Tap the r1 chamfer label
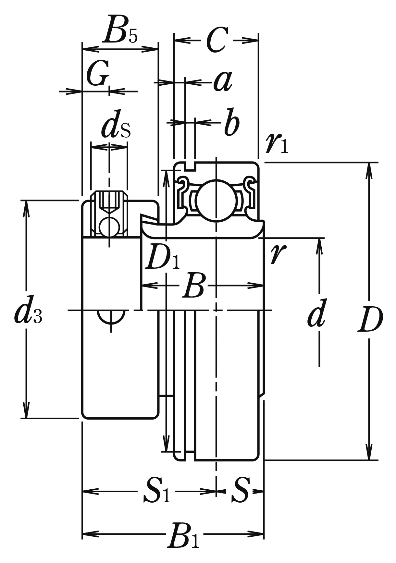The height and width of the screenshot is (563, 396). point(276,143)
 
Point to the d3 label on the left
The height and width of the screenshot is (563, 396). point(28,313)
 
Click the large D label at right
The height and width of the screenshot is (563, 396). point(370,320)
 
